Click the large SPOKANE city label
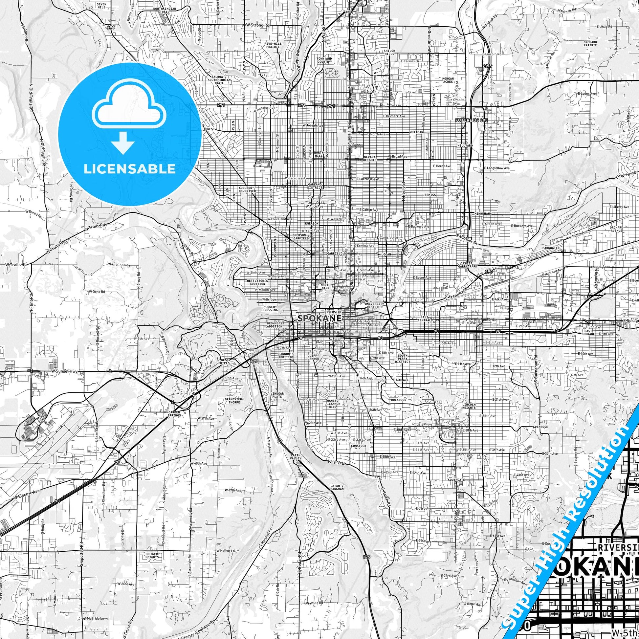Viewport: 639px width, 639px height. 319,318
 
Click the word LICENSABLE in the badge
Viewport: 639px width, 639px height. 130,169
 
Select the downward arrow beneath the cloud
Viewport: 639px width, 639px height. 123,143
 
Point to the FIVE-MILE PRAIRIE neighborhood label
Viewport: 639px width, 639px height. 272,45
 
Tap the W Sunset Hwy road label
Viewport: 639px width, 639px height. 64,372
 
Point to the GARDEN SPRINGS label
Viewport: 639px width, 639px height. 175,413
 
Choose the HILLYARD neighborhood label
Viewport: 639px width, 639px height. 465,145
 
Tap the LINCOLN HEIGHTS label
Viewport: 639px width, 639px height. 469,406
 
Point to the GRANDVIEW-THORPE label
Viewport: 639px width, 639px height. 234,401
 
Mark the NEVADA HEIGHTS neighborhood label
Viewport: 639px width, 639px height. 370,158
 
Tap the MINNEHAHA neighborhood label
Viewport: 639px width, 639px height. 483,214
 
